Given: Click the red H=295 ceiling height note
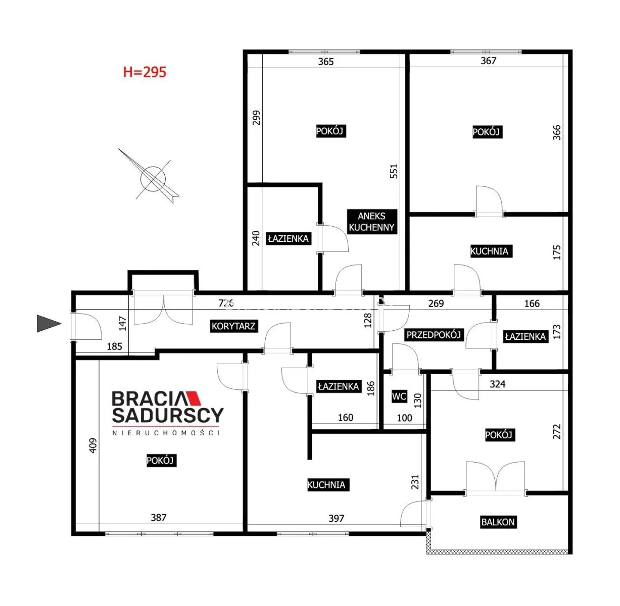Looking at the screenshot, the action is (x=145, y=72).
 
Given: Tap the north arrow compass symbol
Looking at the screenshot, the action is (x=153, y=179).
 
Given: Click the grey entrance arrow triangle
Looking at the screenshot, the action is (x=49, y=324).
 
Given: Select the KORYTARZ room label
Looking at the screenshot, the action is (x=233, y=326).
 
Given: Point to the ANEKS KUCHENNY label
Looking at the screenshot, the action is (x=372, y=222).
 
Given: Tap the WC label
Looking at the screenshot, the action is (x=399, y=396).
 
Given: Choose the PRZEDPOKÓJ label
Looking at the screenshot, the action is (x=434, y=335).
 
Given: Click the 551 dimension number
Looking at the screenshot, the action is (x=394, y=171).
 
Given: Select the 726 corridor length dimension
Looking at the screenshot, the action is (x=226, y=303).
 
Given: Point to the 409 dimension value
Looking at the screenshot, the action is (x=92, y=446).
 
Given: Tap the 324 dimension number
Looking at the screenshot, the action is (x=497, y=384).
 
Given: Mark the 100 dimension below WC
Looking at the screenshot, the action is (x=404, y=418).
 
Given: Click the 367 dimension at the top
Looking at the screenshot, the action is (x=488, y=61).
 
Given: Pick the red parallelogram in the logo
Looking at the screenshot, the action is (x=194, y=397).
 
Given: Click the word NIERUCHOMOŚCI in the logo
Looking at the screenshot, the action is (x=166, y=433).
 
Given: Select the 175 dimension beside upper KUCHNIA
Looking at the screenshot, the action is (x=557, y=252).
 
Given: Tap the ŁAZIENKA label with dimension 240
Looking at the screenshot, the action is (x=289, y=238).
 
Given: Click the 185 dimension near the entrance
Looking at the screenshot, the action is (x=114, y=346).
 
